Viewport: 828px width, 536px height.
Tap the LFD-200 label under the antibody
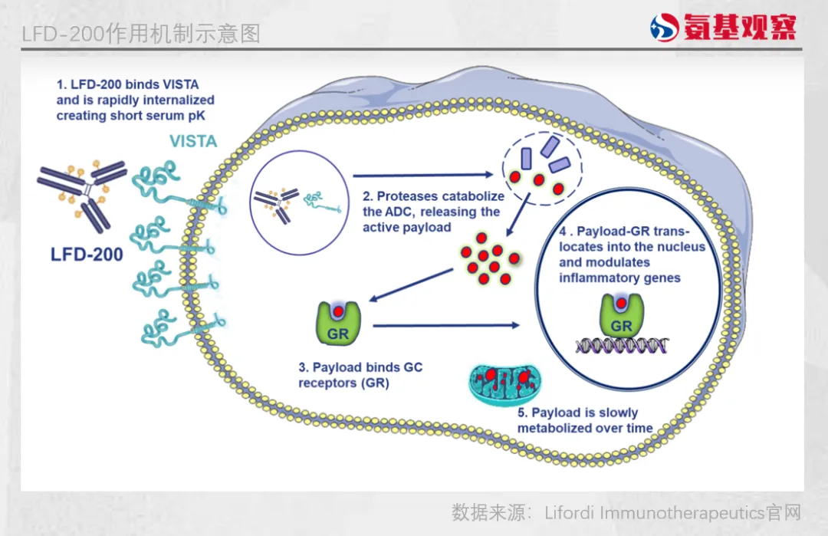(87, 255)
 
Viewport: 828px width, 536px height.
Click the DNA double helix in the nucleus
(622, 346)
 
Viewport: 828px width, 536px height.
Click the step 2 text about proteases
(430, 212)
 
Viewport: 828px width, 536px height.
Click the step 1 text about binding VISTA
(135, 100)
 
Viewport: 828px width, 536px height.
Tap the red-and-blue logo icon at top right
(663, 28)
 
